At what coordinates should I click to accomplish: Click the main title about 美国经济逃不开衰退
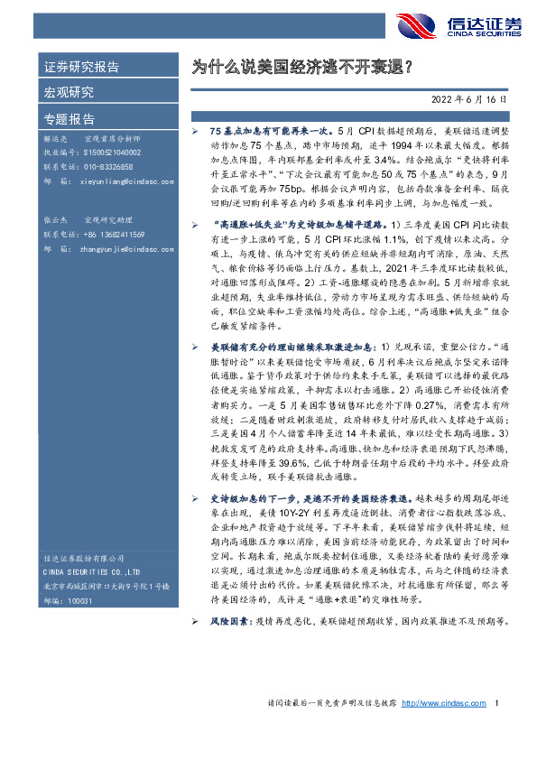click(302, 67)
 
